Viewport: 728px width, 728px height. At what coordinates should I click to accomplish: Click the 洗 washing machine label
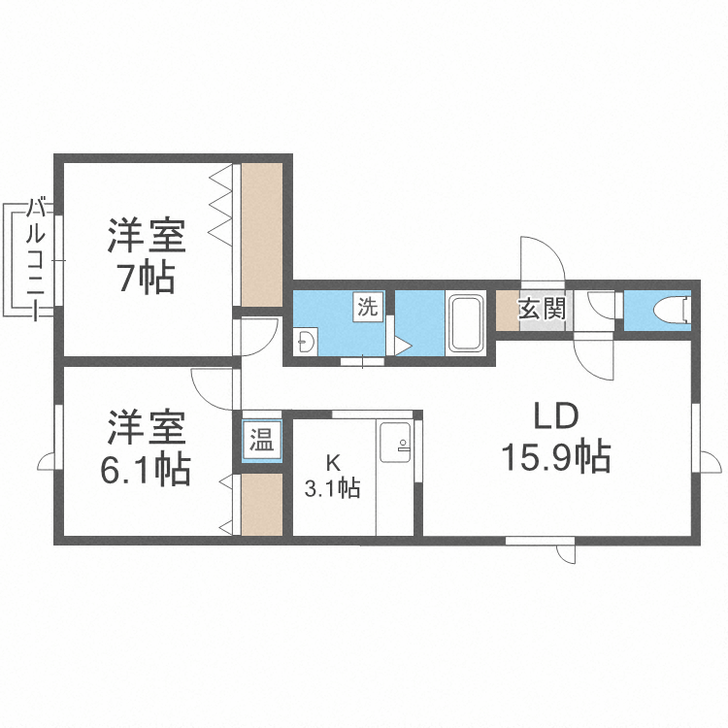click(368, 307)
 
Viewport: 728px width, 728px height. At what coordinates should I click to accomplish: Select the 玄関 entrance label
click(541, 310)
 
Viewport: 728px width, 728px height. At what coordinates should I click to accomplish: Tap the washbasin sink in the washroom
click(306, 341)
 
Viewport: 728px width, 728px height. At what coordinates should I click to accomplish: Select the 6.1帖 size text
click(146, 470)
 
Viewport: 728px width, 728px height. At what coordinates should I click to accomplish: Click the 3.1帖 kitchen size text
click(333, 488)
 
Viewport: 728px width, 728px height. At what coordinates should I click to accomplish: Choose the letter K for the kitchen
click(332, 464)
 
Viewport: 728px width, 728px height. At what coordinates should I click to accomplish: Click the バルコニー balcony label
click(38, 258)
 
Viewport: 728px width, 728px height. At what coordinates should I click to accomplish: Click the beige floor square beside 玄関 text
click(506, 311)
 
